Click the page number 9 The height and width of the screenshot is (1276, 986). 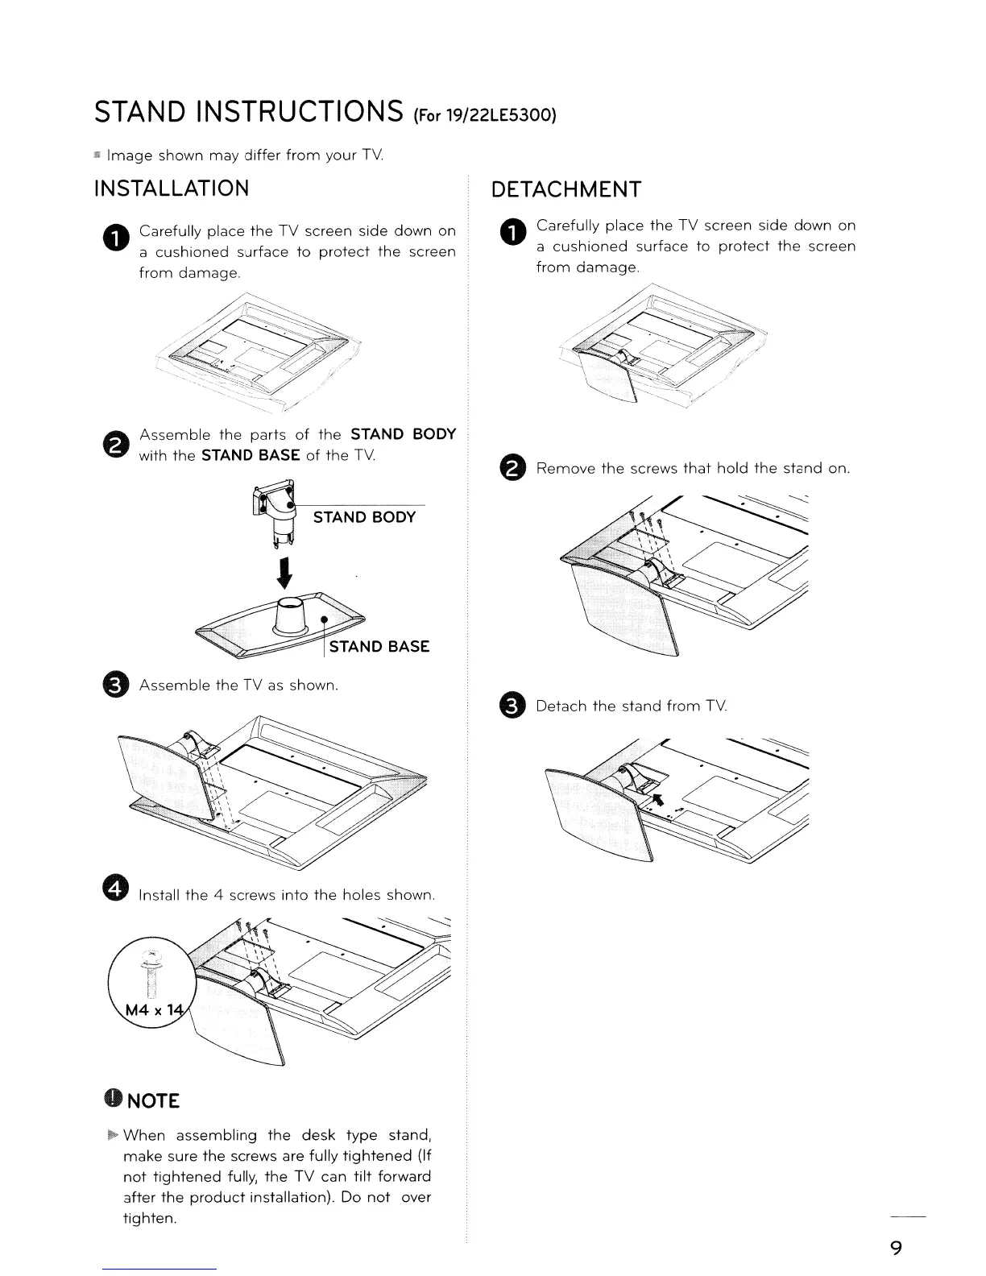pyautogui.click(x=895, y=1248)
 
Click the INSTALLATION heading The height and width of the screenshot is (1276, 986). pyautogui.click(x=172, y=188)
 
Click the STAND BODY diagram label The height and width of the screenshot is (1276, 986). pyautogui.click(x=364, y=517)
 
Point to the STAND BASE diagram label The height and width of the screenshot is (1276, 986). pyautogui.click(x=379, y=647)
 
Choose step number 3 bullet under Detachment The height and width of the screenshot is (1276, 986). pyautogui.click(x=513, y=706)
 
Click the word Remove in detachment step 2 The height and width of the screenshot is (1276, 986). pyautogui.click(x=565, y=468)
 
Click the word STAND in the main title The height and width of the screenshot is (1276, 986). pyautogui.click(x=142, y=113)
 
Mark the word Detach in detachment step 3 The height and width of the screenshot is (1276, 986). pyautogui.click(x=561, y=706)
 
